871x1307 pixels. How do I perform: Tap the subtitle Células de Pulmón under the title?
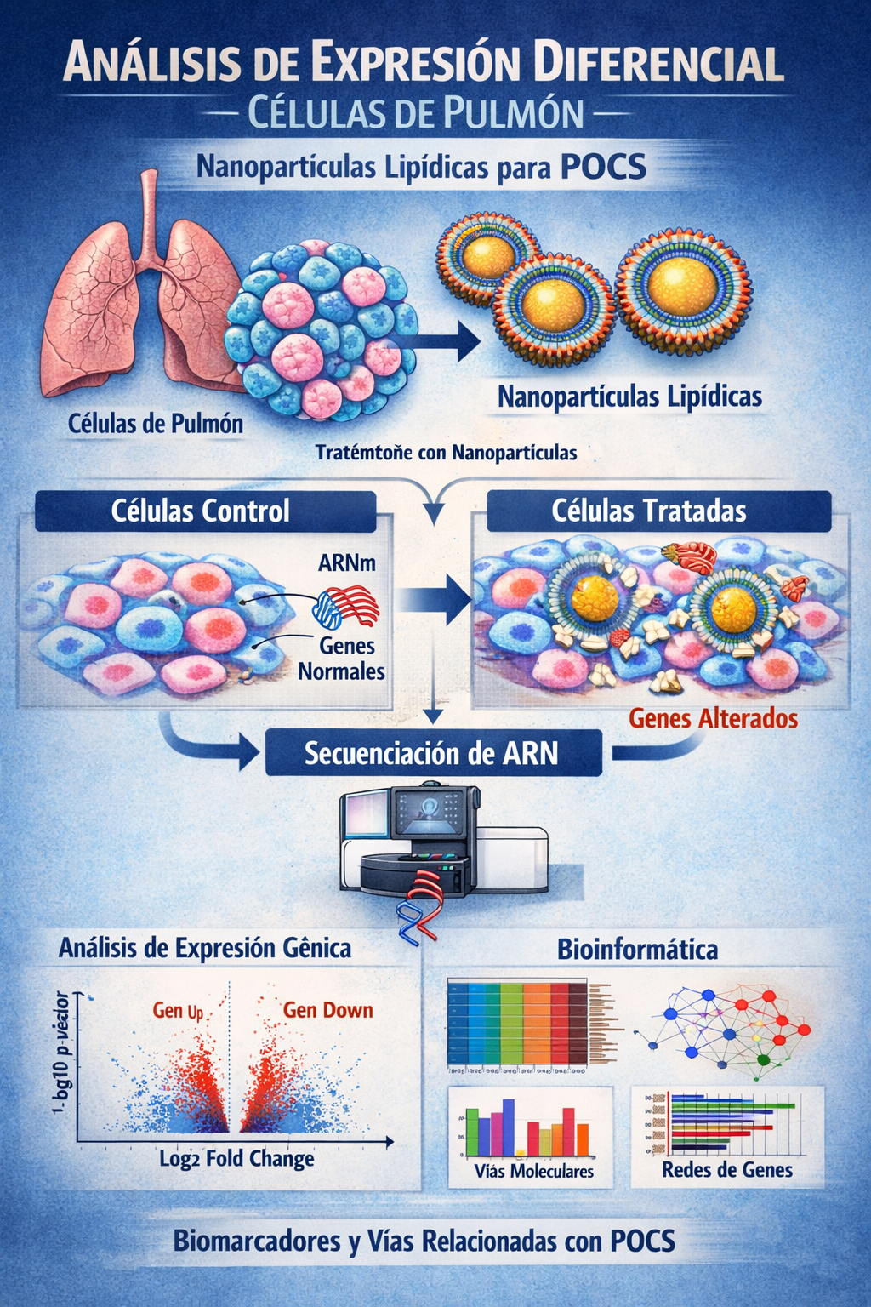[x=416, y=114]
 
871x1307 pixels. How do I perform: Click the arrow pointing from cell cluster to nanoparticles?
[x=442, y=341]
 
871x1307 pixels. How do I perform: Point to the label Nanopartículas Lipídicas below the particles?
[x=629, y=397]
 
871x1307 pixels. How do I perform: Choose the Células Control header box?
[x=204, y=511]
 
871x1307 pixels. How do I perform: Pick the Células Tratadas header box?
[x=649, y=511]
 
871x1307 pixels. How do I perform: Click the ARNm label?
[x=346, y=562]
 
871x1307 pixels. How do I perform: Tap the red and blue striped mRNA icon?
[x=346, y=607]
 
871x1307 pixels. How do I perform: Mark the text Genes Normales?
[x=343, y=659]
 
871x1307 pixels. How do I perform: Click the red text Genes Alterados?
[x=713, y=719]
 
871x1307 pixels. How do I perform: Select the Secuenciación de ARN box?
[x=432, y=754]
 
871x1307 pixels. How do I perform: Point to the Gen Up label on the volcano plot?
[x=178, y=1011]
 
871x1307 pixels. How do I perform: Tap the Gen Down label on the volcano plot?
[x=327, y=1010]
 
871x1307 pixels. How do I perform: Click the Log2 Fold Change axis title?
[x=236, y=1159]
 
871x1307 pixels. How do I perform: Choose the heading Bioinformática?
[x=637, y=950]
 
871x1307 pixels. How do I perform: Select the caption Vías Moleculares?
[x=533, y=1172]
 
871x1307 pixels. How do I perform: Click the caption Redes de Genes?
[x=727, y=1170]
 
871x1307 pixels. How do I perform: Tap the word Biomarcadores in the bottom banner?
[x=257, y=1241]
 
